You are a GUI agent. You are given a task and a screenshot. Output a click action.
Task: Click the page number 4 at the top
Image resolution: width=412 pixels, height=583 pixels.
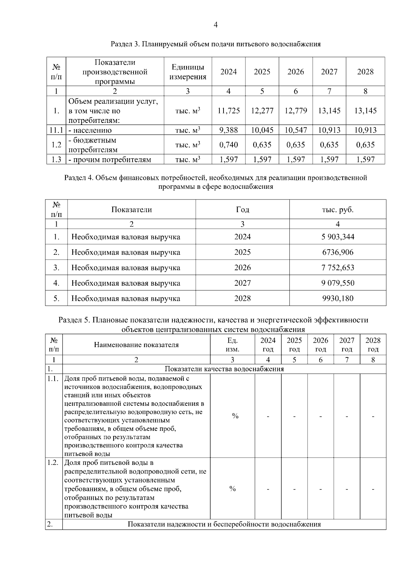216,25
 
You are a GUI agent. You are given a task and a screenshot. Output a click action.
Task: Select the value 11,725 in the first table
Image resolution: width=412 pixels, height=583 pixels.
229,111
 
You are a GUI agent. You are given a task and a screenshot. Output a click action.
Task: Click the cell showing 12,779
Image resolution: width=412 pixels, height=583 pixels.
296,111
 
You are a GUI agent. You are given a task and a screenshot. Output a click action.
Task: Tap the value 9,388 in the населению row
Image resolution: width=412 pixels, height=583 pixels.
229,130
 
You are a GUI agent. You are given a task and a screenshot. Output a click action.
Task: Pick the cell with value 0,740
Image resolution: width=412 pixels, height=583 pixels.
229,145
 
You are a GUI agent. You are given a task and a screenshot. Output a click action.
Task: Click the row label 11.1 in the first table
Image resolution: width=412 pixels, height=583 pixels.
56,130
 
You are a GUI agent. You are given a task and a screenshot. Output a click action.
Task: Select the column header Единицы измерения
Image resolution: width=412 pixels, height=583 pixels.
188,72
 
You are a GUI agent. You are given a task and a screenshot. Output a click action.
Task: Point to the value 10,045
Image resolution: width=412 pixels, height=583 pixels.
262,130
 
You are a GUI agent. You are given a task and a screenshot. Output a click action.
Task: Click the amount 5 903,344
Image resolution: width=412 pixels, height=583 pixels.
338,237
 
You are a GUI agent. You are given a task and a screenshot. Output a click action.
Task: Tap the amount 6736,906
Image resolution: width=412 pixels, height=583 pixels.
338,252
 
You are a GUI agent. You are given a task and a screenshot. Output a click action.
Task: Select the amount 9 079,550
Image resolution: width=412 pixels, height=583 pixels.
338,283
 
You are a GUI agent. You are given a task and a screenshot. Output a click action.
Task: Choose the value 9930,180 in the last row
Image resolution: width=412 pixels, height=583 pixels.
338,298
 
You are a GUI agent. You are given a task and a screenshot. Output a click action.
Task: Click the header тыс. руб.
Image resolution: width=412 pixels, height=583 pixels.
338,209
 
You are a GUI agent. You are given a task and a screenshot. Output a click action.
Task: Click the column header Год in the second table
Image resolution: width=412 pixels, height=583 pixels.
242,209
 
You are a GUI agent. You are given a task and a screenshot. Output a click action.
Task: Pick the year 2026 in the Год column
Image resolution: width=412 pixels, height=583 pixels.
242,267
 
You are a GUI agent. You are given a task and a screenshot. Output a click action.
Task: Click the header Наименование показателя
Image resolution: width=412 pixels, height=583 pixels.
136,345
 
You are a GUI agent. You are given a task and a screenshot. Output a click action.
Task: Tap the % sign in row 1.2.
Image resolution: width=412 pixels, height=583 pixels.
232,489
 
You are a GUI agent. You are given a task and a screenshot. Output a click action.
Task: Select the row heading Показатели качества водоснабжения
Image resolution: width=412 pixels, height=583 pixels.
224,369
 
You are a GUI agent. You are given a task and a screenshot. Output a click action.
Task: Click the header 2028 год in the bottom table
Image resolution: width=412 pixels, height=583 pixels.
373,345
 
